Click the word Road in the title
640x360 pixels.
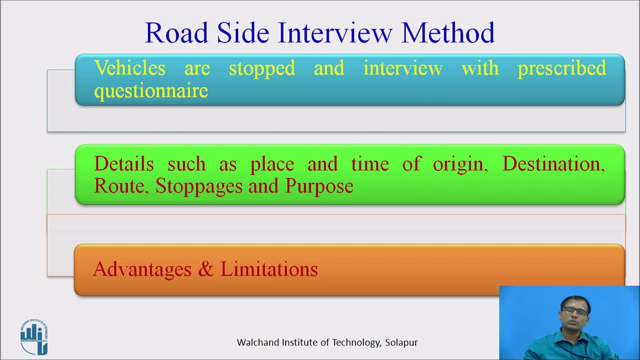point(176,33)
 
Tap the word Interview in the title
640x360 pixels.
point(335,33)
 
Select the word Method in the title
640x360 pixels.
point(447,33)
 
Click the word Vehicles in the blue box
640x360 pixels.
point(129,68)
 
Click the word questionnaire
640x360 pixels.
point(151,91)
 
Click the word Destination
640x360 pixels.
point(553,164)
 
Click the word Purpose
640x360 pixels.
point(319,186)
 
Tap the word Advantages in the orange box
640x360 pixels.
point(142,269)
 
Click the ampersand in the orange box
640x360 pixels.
point(205,269)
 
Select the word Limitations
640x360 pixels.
point(269,269)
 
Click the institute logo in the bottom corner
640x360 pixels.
point(34,336)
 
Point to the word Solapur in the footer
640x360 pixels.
point(401,342)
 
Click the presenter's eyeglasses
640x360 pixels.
point(574,311)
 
